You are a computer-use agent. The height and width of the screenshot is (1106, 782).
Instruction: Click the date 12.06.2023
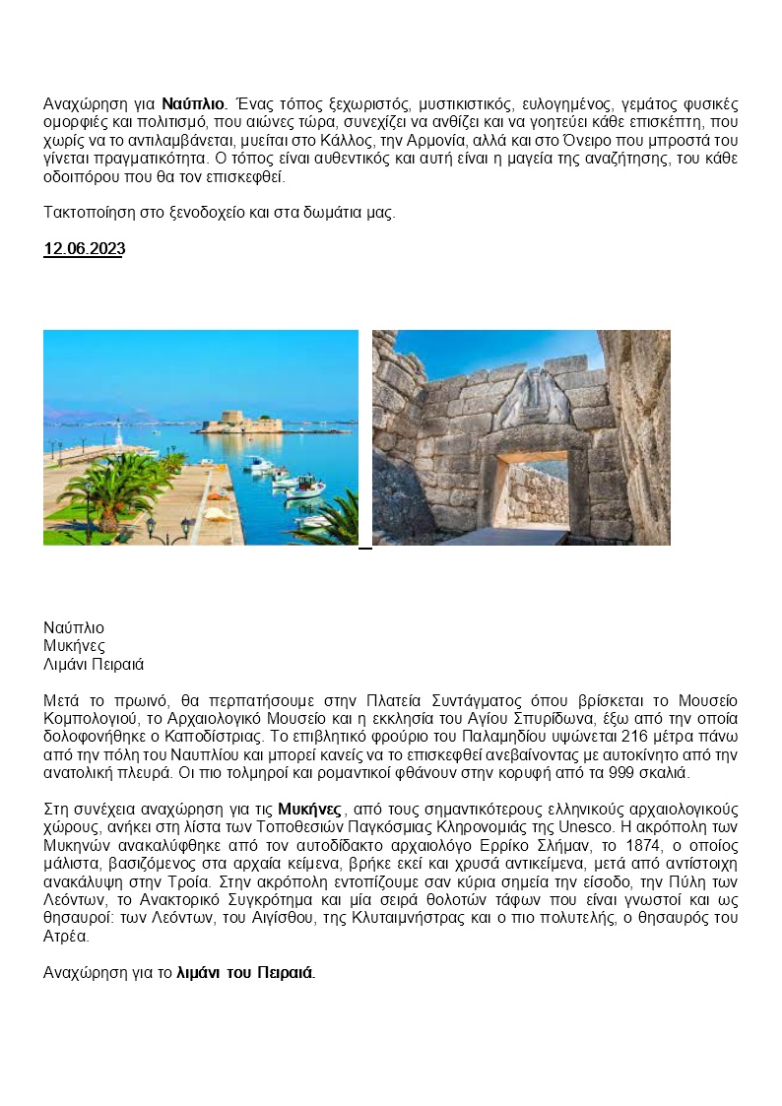[84, 249]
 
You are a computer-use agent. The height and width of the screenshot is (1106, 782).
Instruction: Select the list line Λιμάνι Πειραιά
[94, 665]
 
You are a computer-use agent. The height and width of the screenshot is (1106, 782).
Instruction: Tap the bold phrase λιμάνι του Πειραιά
[244, 972]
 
